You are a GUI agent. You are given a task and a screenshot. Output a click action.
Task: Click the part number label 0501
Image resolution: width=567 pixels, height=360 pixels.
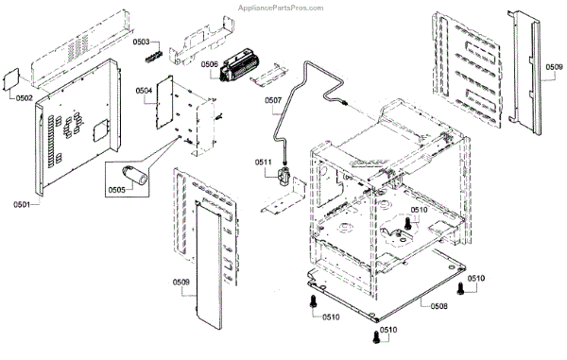(22, 205)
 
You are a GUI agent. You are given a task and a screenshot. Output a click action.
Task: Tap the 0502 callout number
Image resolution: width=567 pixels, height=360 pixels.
(25, 98)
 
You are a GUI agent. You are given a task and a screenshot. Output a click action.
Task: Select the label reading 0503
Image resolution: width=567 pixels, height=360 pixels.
(141, 42)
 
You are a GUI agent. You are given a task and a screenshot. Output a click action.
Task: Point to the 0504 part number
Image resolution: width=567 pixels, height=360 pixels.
(144, 91)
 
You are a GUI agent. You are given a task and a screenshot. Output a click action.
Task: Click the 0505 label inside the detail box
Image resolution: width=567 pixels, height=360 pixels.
(117, 190)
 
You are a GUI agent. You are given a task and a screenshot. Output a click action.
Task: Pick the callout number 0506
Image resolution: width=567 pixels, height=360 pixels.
(210, 64)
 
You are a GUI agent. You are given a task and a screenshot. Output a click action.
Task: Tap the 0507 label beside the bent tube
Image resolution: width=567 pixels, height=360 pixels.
(273, 100)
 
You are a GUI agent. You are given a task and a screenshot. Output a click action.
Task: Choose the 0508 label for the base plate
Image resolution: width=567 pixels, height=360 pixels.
(439, 306)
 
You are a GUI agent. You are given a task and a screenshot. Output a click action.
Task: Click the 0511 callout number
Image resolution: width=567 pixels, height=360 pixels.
(264, 163)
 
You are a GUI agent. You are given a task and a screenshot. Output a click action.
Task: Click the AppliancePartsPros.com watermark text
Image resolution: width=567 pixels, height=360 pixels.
(281, 8)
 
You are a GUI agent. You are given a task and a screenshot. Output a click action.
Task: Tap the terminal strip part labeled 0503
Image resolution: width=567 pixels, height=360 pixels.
(154, 57)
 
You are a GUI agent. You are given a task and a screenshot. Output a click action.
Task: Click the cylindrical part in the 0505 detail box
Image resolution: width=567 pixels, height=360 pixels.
(134, 176)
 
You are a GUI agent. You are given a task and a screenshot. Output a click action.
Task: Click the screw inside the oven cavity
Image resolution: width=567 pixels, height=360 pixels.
(407, 223)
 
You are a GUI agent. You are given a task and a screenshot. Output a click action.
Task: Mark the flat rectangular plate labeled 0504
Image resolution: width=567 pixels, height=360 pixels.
(164, 102)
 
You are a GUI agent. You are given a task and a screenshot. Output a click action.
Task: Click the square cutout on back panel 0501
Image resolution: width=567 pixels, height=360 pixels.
(100, 130)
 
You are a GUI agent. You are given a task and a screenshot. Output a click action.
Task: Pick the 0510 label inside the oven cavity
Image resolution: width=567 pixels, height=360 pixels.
(419, 210)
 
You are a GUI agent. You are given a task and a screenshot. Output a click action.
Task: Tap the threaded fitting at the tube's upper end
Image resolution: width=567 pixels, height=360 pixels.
(345, 103)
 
